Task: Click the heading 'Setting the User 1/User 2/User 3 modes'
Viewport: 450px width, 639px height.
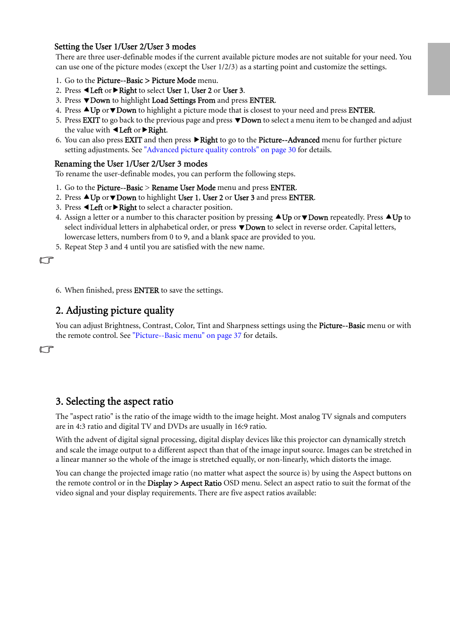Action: [x=125, y=47]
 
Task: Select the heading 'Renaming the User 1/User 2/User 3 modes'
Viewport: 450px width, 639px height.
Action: [x=131, y=164]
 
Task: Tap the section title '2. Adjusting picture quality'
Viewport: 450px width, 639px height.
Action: [x=115, y=310]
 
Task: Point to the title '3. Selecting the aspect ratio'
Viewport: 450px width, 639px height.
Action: [x=114, y=401]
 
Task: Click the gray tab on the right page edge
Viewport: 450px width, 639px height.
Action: [x=438, y=69]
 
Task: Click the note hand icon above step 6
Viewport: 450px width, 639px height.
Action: [x=47, y=260]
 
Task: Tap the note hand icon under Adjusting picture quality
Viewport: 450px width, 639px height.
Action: [x=47, y=349]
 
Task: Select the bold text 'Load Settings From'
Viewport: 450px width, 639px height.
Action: [x=183, y=100]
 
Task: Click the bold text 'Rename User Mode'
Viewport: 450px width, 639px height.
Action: [x=183, y=188]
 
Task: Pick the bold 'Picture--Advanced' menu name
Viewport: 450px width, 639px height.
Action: [x=289, y=140]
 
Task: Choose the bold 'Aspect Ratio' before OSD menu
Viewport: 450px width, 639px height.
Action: [x=201, y=483]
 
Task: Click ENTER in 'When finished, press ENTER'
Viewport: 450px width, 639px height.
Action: [x=146, y=290]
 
